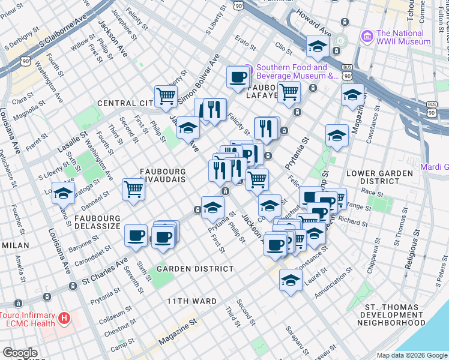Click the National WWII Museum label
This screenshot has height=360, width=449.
click(x=403, y=37)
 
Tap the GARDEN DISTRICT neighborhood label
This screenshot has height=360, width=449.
click(x=195, y=269)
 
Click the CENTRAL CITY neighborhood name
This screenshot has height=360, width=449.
click(x=125, y=103)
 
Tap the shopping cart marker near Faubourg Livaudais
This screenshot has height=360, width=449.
click(x=133, y=189)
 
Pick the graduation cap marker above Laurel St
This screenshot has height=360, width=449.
click(x=291, y=280)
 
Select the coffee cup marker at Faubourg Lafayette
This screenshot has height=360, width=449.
click(x=238, y=77)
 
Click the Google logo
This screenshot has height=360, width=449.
click(x=20, y=353)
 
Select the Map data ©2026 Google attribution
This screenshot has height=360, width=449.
click(x=412, y=355)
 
